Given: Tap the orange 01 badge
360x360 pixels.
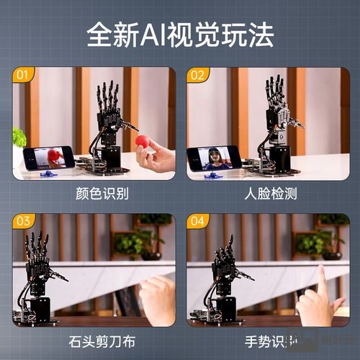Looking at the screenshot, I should click(x=23, y=75).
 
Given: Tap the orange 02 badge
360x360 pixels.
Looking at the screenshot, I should click(x=198, y=75).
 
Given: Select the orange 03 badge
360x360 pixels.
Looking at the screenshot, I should click(x=23, y=222).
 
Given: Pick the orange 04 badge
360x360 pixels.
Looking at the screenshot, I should click(x=198, y=222).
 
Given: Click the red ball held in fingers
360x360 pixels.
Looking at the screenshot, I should click(x=143, y=141).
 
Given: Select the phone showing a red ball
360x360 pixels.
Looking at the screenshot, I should click(x=48, y=158).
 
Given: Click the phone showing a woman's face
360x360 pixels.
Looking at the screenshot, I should click(x=215, y=158).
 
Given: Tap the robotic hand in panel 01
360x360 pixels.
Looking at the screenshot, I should click(x=109, y=115).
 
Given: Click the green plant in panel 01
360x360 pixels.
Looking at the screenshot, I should click(x=18, y=137).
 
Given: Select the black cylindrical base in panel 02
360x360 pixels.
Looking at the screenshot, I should click(x=279, y=158).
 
